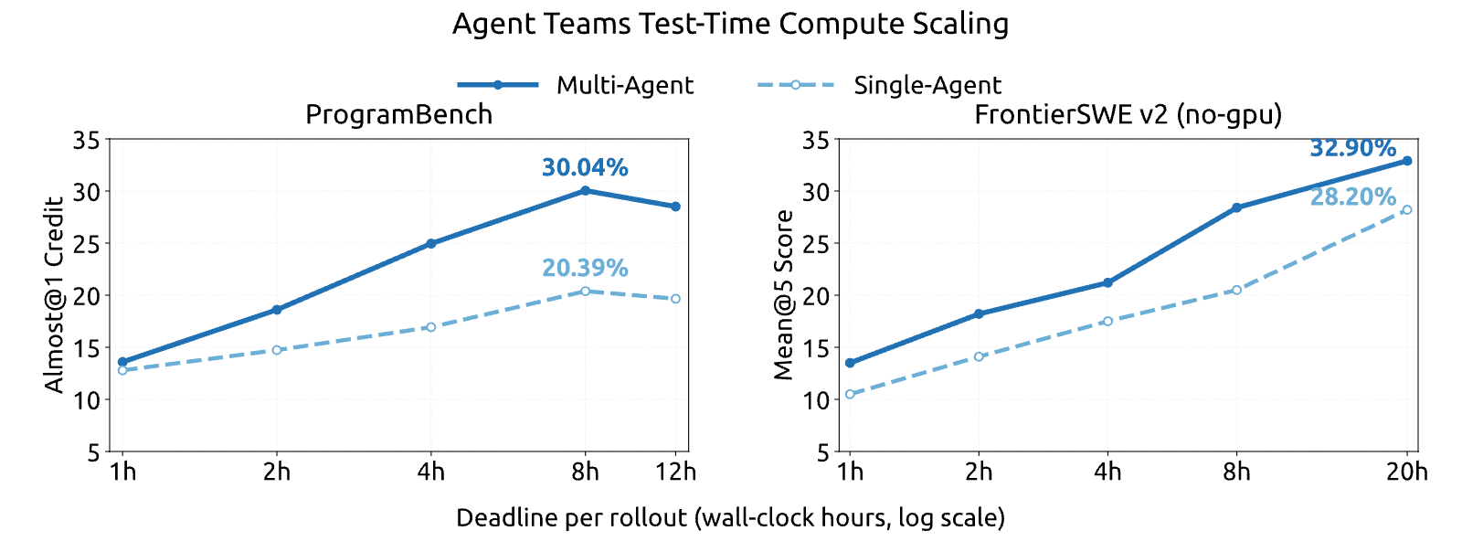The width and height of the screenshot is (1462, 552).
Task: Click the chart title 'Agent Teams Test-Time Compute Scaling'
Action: point(730,24)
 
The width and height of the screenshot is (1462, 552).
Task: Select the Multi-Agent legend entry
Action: point(576,85)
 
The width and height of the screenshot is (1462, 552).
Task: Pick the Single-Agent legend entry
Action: point(879,85)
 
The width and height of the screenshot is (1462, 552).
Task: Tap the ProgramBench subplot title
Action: point(398,114)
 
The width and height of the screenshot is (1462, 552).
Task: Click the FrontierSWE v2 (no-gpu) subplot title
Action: point(1128,114)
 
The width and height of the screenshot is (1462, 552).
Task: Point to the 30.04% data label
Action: point(585,167)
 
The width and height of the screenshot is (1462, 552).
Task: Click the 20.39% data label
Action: point(585,268)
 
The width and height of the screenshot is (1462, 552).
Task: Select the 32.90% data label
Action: point(1353,148)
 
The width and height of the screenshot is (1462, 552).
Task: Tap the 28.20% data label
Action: point(1353,196)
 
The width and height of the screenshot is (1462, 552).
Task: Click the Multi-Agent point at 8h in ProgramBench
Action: point(585,190)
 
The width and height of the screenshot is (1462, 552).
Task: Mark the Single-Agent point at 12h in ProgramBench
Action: point(675,299)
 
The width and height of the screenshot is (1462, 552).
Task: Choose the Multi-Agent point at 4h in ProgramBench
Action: point(430,243)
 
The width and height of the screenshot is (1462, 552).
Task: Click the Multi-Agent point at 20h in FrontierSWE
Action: point(1406,161)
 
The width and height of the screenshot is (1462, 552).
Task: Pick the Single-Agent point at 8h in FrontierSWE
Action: point(1236,290)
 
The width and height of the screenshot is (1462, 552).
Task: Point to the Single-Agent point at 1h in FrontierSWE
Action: point(850,394)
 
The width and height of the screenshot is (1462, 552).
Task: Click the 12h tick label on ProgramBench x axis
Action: point(675,471)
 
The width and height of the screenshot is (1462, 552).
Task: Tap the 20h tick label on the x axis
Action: point(1406,471)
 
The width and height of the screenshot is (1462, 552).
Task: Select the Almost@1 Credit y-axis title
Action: point(54,295)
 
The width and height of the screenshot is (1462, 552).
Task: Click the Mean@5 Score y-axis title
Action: point(782,295)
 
